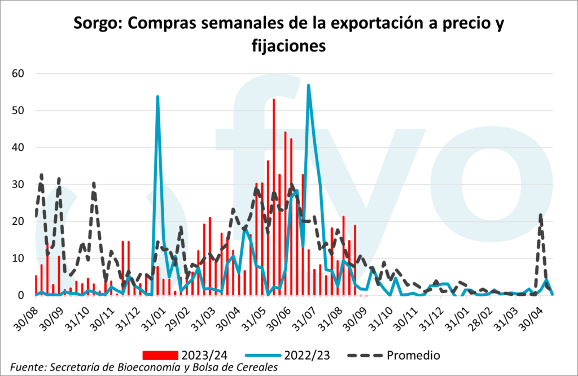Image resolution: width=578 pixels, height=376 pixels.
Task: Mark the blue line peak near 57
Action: click(x=308, y=86)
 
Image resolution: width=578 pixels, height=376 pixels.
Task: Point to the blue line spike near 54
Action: click(x=157, y=97)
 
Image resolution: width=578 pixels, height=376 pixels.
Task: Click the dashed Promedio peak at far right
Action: click(x=541, y=215)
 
